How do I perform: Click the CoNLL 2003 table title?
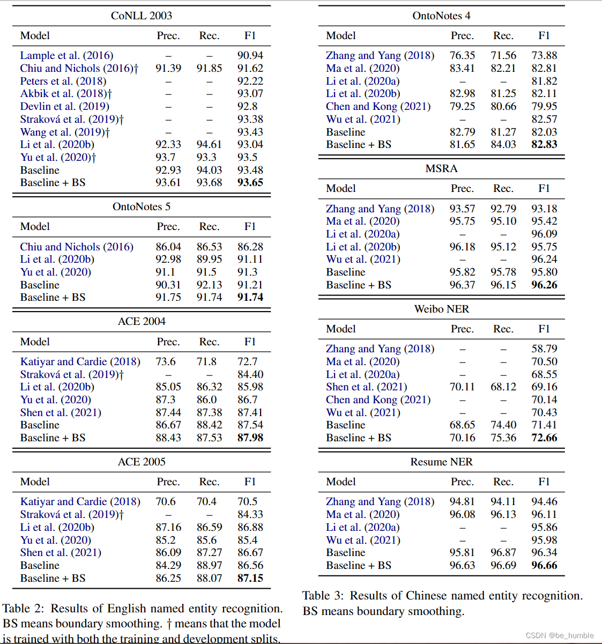pyautogui.click(x=142, y=16)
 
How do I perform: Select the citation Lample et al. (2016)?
pyautogui.click(x=66, y=55)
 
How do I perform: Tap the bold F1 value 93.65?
pyautogui.click(x=250, y=182)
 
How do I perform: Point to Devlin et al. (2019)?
pyautogui.click(x=64, y=106)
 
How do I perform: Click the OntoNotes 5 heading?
pyautogui.click(x=142, y=206)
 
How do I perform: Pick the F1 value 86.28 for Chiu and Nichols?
pyautogui.click(x=250, y=247)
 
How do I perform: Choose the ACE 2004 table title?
pyautogui.click(x=142, y=321)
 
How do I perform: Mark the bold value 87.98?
pyautogui.click(x=250, y=438)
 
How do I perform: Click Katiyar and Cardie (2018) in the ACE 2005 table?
pyautogui.click(x=80, y=501)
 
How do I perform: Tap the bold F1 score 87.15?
pyautogui.click(x=250, y=578)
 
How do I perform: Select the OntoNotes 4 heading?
pyautogui.click(x=441, y=16)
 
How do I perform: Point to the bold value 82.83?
pyautogui.click(x=544, y=144)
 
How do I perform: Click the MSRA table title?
pyautogui.click(x=441, y=168)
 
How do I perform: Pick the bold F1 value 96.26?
pyautogui.click(x=544, y=285)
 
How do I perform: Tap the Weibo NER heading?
pyautogui.click(x=441, y=309)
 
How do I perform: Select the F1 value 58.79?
pyautogui.click(x=544, y=349)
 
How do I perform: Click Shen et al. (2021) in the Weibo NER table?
pyautogui.click(x=366, y=387)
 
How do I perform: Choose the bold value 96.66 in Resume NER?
pyautogui.click(x=544, y=565)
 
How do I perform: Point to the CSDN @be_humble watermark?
pyautogui.click(x=560, y=635)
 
